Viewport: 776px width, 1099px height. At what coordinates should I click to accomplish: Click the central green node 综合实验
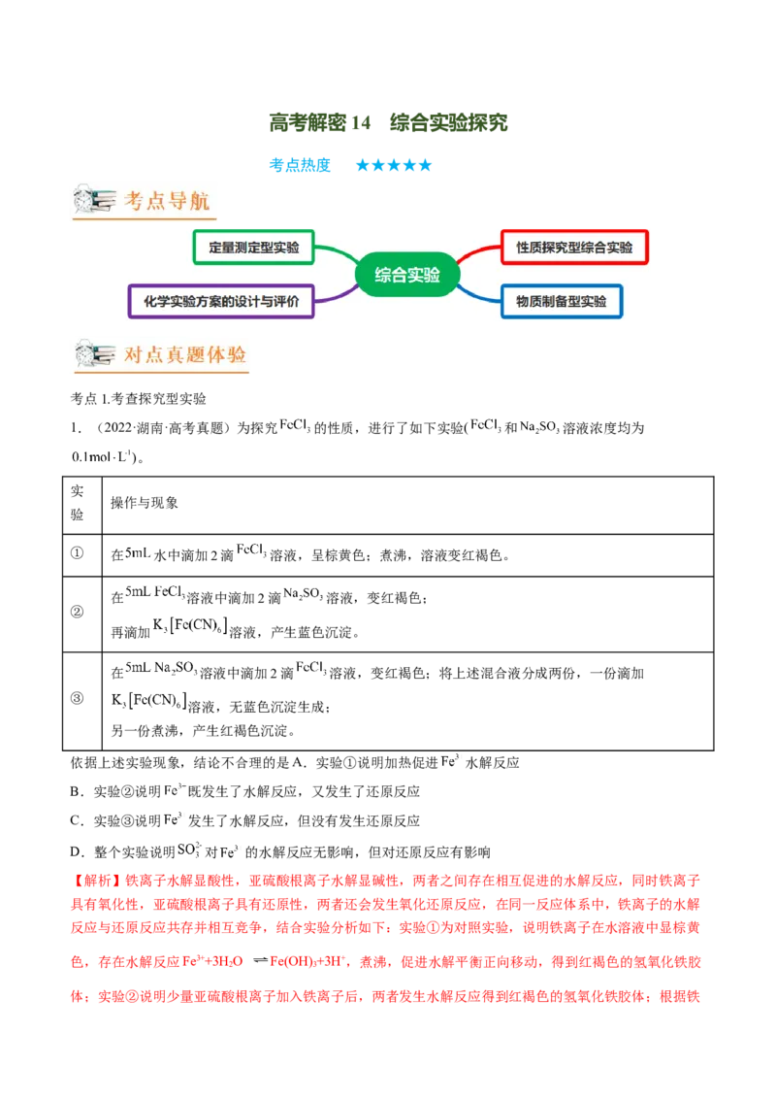[408, 275]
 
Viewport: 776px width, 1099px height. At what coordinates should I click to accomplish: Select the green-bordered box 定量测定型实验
[253, 247]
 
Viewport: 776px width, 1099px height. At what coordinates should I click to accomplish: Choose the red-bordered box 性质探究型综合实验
[574, 247]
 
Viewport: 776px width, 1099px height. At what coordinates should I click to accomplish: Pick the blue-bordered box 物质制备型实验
[562, 301]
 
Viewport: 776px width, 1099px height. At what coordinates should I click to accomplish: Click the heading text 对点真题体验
[185, 356]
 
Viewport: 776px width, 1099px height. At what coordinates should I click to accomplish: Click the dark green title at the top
[388, 120]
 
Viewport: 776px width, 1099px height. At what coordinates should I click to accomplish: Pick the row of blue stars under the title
[394, 166]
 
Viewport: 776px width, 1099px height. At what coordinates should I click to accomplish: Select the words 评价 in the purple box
[298, 301]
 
